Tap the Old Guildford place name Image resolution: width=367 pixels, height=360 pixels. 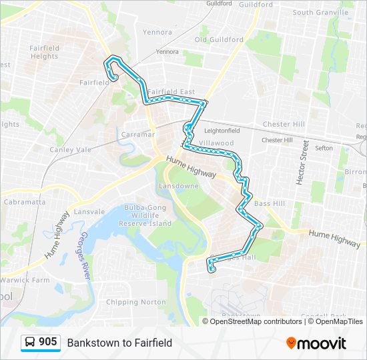click(219, 39)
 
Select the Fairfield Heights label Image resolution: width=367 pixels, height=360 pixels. click(45, 52)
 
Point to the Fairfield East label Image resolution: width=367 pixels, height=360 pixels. click(171, 92)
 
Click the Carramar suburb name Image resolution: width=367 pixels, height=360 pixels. click(138, 134)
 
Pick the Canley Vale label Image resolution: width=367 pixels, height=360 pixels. click(70, 150)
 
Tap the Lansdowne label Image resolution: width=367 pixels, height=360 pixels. click(178, 186)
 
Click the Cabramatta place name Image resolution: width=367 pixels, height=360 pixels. click(24, 201)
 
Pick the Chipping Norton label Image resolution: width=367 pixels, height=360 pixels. click(130, 302)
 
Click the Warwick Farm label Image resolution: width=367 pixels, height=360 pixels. click(25, 280)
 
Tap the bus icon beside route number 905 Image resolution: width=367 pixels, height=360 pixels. click(30, 343)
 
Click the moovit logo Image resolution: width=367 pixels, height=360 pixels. click(316, 343)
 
